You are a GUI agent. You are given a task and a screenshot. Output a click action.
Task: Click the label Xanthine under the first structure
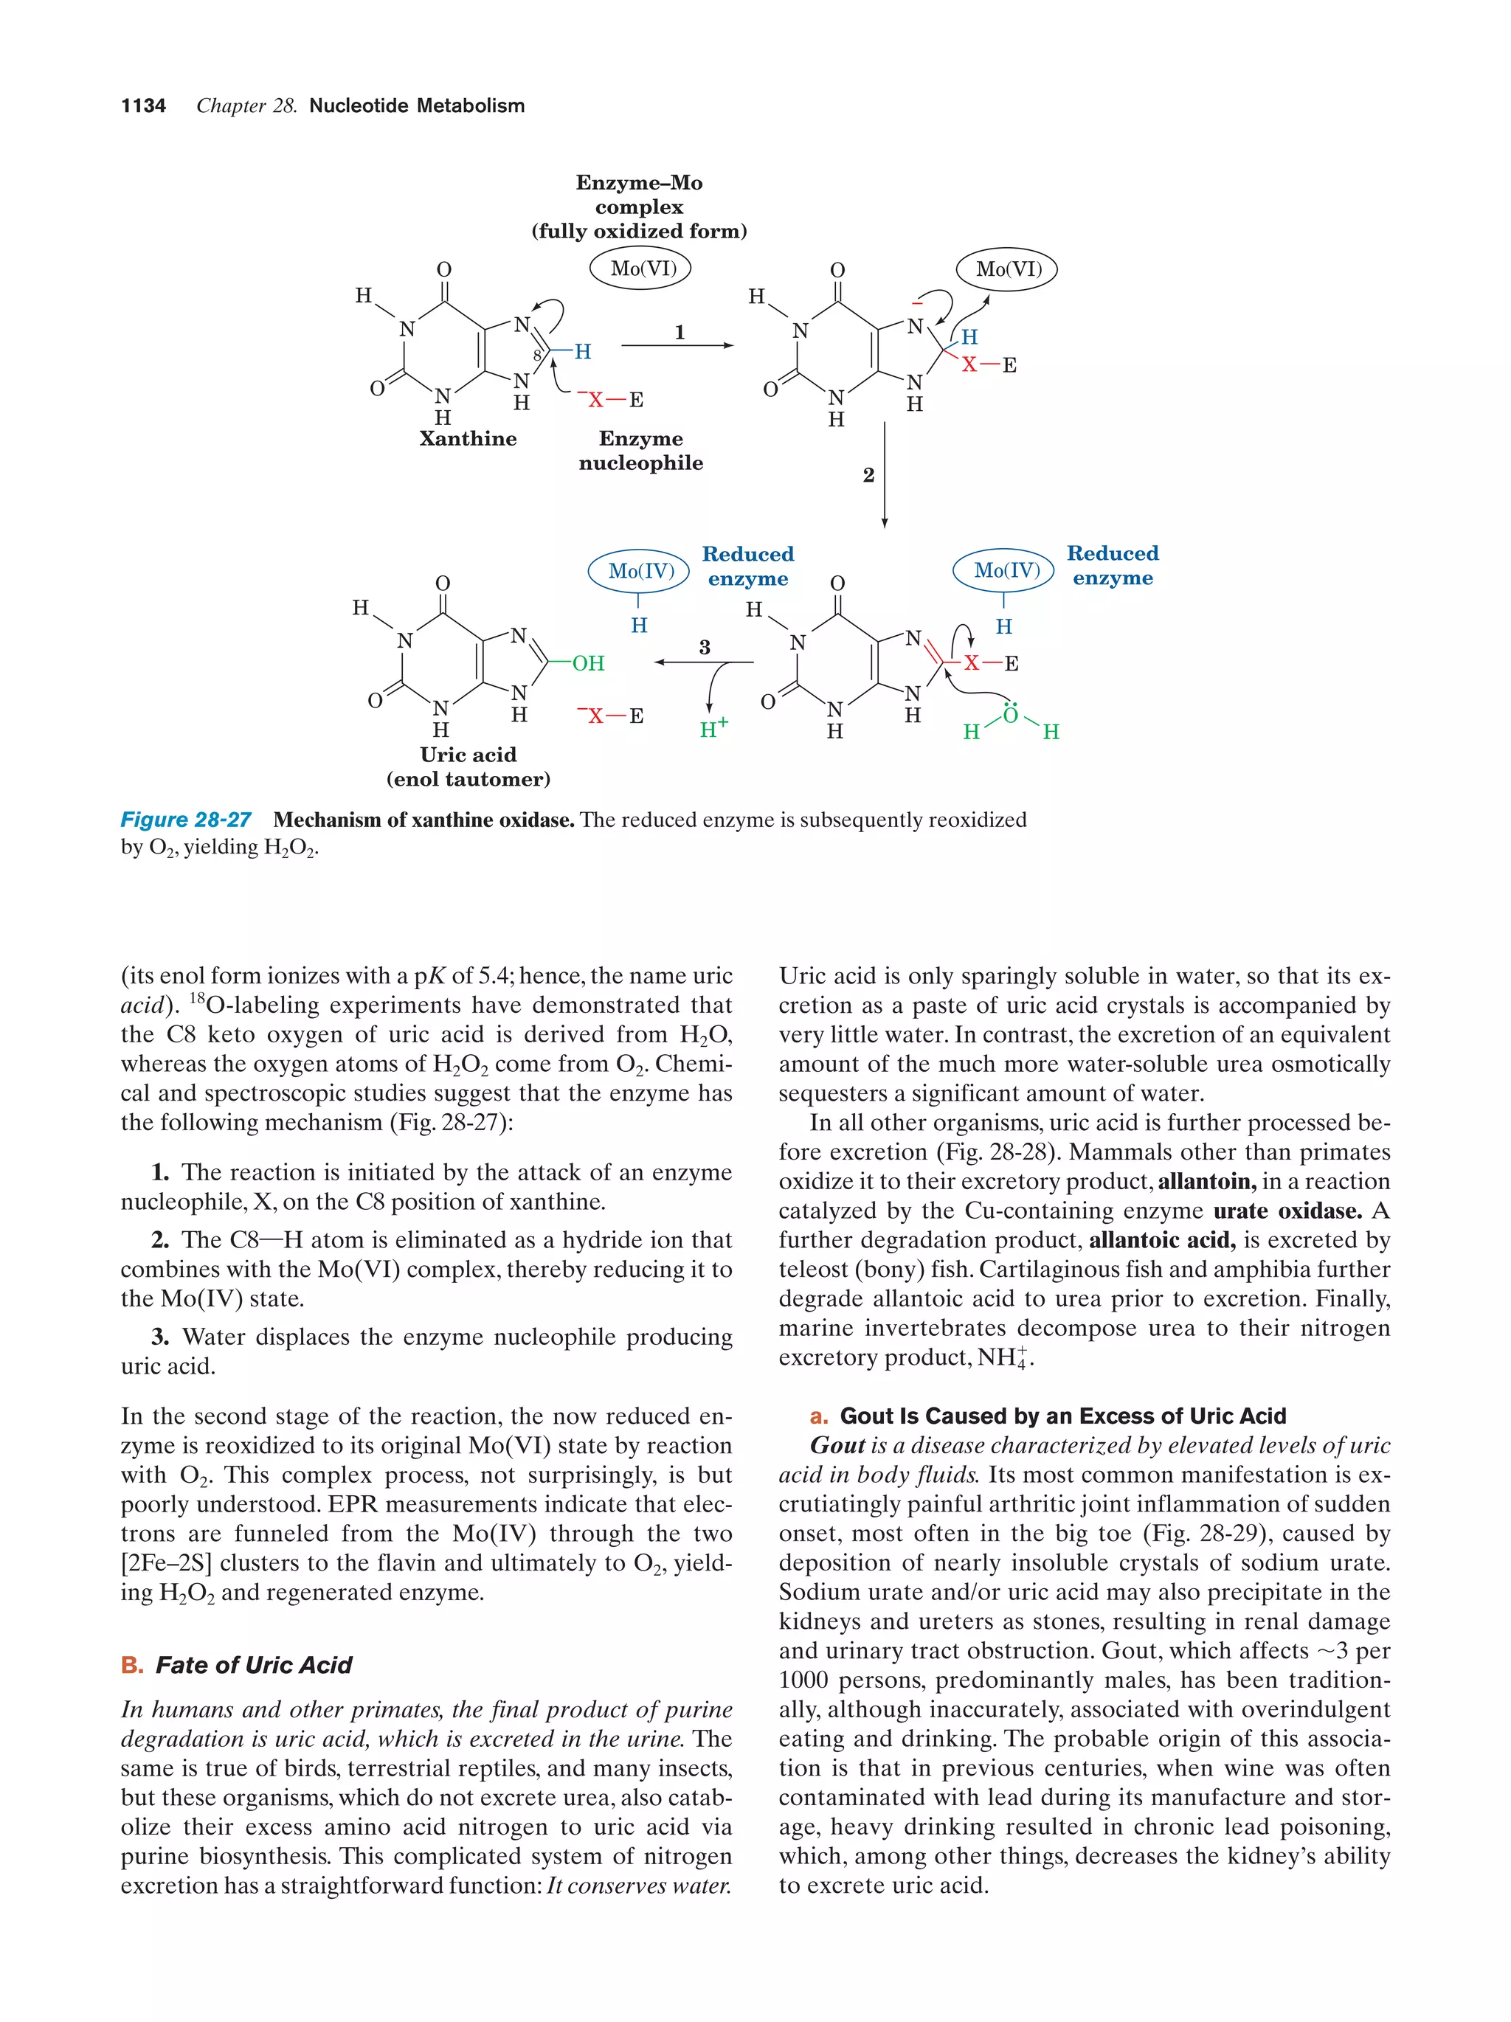pyautogui.click(x=467, y=439)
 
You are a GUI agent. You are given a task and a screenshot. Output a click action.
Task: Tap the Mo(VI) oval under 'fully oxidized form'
pyautogui.click(x=643, y=269)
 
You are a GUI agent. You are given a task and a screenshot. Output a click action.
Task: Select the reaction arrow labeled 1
pyautogui.click(x=677, y=345)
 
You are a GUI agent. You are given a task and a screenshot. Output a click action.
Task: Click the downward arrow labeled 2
pyautogui.click(x=884, y=474)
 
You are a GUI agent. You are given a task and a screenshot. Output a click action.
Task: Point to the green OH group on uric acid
pyautogui.click(x=588, y=662)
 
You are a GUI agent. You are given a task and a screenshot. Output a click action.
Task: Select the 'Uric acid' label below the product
pyautogui.click(x=468, y=755)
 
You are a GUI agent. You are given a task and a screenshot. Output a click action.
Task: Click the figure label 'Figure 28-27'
pyautogui.click(x=186, y=820)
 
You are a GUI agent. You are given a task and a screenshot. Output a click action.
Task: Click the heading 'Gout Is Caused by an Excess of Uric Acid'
pyautogui.click(x=1062, y=1416)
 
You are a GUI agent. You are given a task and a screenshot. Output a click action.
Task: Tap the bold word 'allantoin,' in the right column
pyautogui.click(x=1206, y=1181)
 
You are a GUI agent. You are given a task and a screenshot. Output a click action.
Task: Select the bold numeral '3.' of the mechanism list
pyautogui.click(x=160, y=1337)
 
